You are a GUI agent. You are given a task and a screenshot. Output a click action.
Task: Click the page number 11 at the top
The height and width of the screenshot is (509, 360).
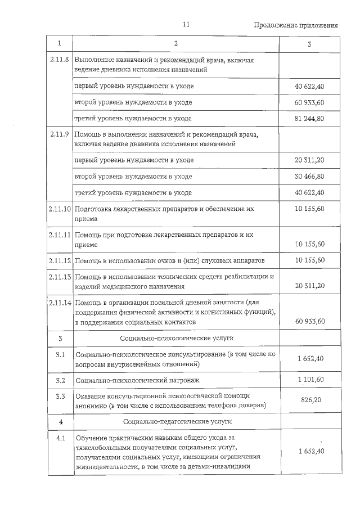(187, 25)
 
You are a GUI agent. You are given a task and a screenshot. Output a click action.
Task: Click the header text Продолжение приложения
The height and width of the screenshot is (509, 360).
(296, 25)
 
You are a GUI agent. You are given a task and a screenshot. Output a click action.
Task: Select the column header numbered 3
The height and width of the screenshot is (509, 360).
(309, 44)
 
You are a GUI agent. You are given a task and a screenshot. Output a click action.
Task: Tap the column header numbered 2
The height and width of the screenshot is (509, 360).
(175, 44)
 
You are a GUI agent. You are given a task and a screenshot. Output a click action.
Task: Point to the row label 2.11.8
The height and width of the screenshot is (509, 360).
(59, 59)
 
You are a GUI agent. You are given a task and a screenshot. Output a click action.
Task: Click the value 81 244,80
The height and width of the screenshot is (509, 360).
(309, 119)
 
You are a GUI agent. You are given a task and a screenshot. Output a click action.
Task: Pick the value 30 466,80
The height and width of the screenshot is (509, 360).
(309, 177)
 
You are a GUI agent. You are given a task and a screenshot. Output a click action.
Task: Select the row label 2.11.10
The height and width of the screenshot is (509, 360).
(59, 209)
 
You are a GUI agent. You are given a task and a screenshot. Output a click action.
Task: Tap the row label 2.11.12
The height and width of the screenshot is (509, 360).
(59, 261)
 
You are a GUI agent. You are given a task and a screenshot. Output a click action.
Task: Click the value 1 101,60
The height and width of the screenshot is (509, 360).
(310, 380)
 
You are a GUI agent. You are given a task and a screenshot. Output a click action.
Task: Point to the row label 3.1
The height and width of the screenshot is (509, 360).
(61, 355)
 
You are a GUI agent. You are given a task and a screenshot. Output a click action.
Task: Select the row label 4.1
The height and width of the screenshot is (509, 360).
(61, 438)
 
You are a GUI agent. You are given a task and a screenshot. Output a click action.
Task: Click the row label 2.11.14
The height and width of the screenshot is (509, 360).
(59, 303)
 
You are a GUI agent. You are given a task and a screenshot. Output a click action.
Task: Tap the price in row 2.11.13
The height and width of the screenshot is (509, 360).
(309, 286)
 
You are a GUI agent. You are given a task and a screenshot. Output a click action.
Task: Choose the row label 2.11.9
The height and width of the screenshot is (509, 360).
(59, 134)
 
